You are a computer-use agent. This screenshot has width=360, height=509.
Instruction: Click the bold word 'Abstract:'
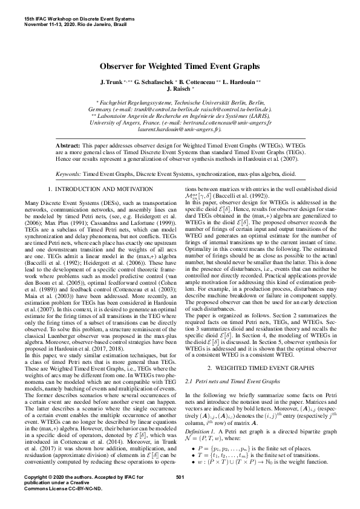point(68,146)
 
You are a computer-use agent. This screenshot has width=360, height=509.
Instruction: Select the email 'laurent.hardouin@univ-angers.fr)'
point(180,129)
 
